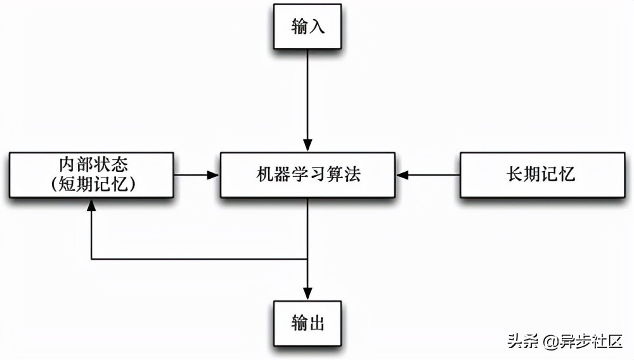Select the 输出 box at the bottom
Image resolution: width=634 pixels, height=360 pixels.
click(307, 323)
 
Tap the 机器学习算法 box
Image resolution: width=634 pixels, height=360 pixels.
click(307, 174)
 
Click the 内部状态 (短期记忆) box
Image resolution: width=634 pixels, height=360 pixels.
click(92, 174)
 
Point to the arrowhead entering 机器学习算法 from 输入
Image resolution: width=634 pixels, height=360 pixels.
click(307, 146)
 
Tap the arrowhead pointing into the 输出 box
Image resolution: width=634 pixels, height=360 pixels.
click(307, 295)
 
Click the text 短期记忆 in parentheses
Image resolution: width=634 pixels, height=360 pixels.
click(92, 184)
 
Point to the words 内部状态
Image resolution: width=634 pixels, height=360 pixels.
click(92, 165)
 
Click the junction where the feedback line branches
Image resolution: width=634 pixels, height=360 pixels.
click(307, 259)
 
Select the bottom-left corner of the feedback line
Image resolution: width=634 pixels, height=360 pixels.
click(92, 259)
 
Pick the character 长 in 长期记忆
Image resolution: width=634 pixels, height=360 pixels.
click(515, 174)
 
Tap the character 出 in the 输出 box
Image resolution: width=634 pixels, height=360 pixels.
click(317, 323)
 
